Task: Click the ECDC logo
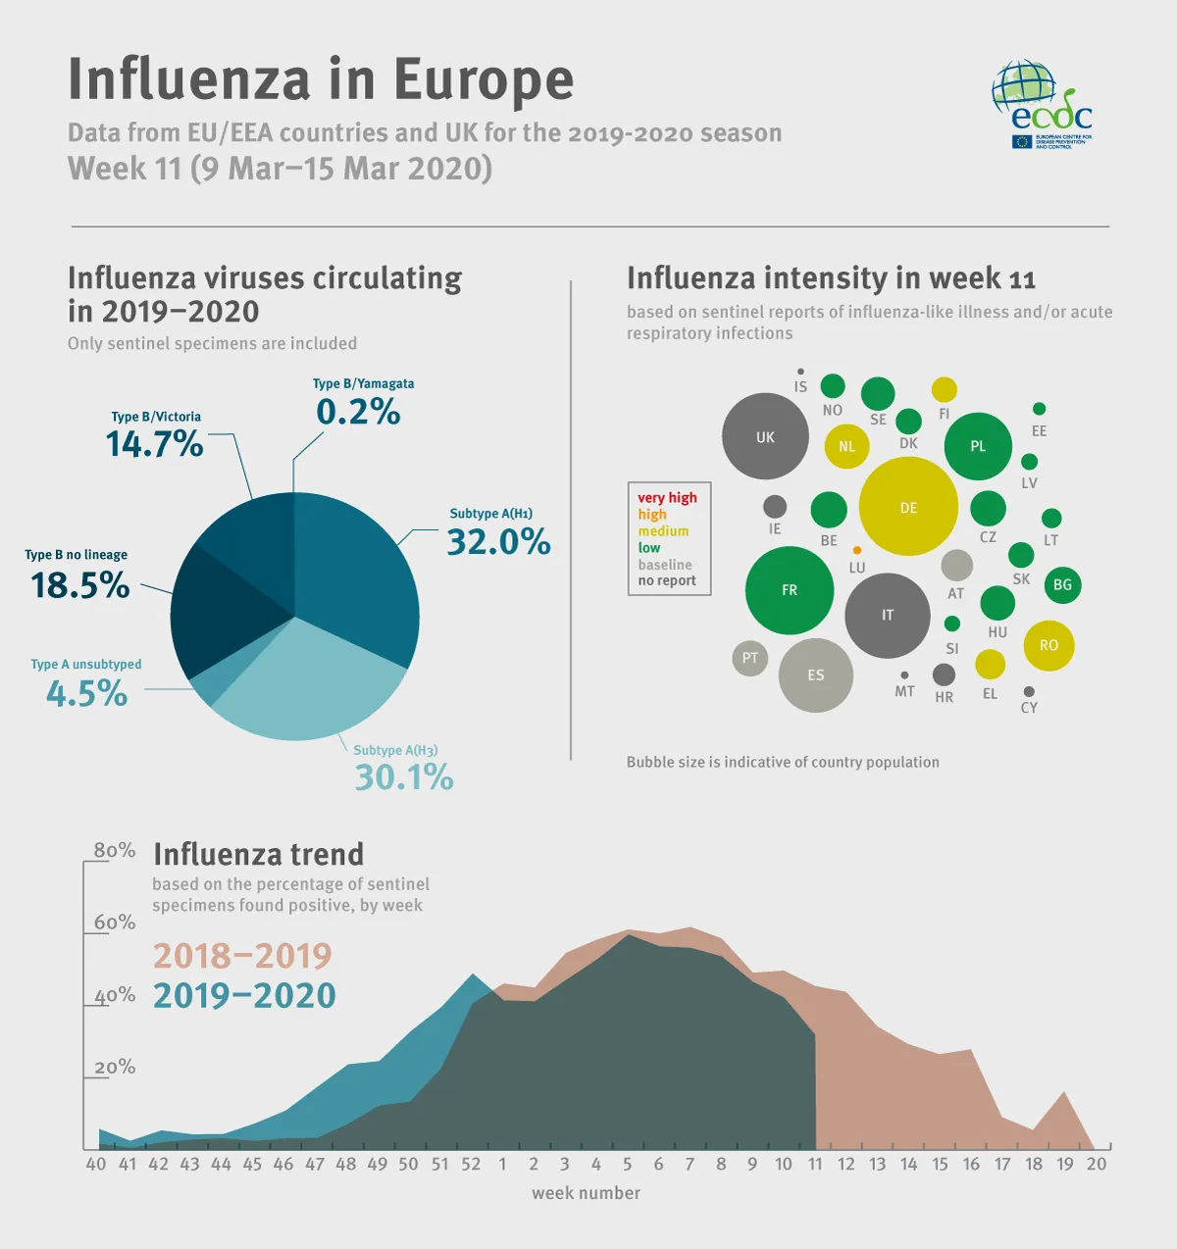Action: tap(1042, 106)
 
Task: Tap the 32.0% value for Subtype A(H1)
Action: tap(498, 542)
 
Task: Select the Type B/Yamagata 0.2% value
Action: tap(358, 413)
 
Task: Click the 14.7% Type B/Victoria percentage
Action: tap(154, 445)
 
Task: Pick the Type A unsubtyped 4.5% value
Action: tap(86, 694)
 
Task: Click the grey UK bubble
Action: tap(765, 437)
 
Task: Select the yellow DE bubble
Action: tap(908, 507)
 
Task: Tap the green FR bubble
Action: tap(790, 590)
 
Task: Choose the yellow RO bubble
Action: tap(1049, 645)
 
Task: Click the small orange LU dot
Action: tap(857, 551)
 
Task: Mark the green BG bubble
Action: tap(1062, 585)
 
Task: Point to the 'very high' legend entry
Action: tap(667, 498)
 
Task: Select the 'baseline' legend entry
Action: tap(665, 565)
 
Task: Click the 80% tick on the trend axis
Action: tap(114, 850)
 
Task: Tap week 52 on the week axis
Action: tap(471, 1165)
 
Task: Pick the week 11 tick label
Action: tap(814, 1165)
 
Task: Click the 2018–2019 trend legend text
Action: tap(242, 956)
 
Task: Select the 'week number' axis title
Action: tap(586, 1193)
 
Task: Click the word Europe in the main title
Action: tap(484, 80)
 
